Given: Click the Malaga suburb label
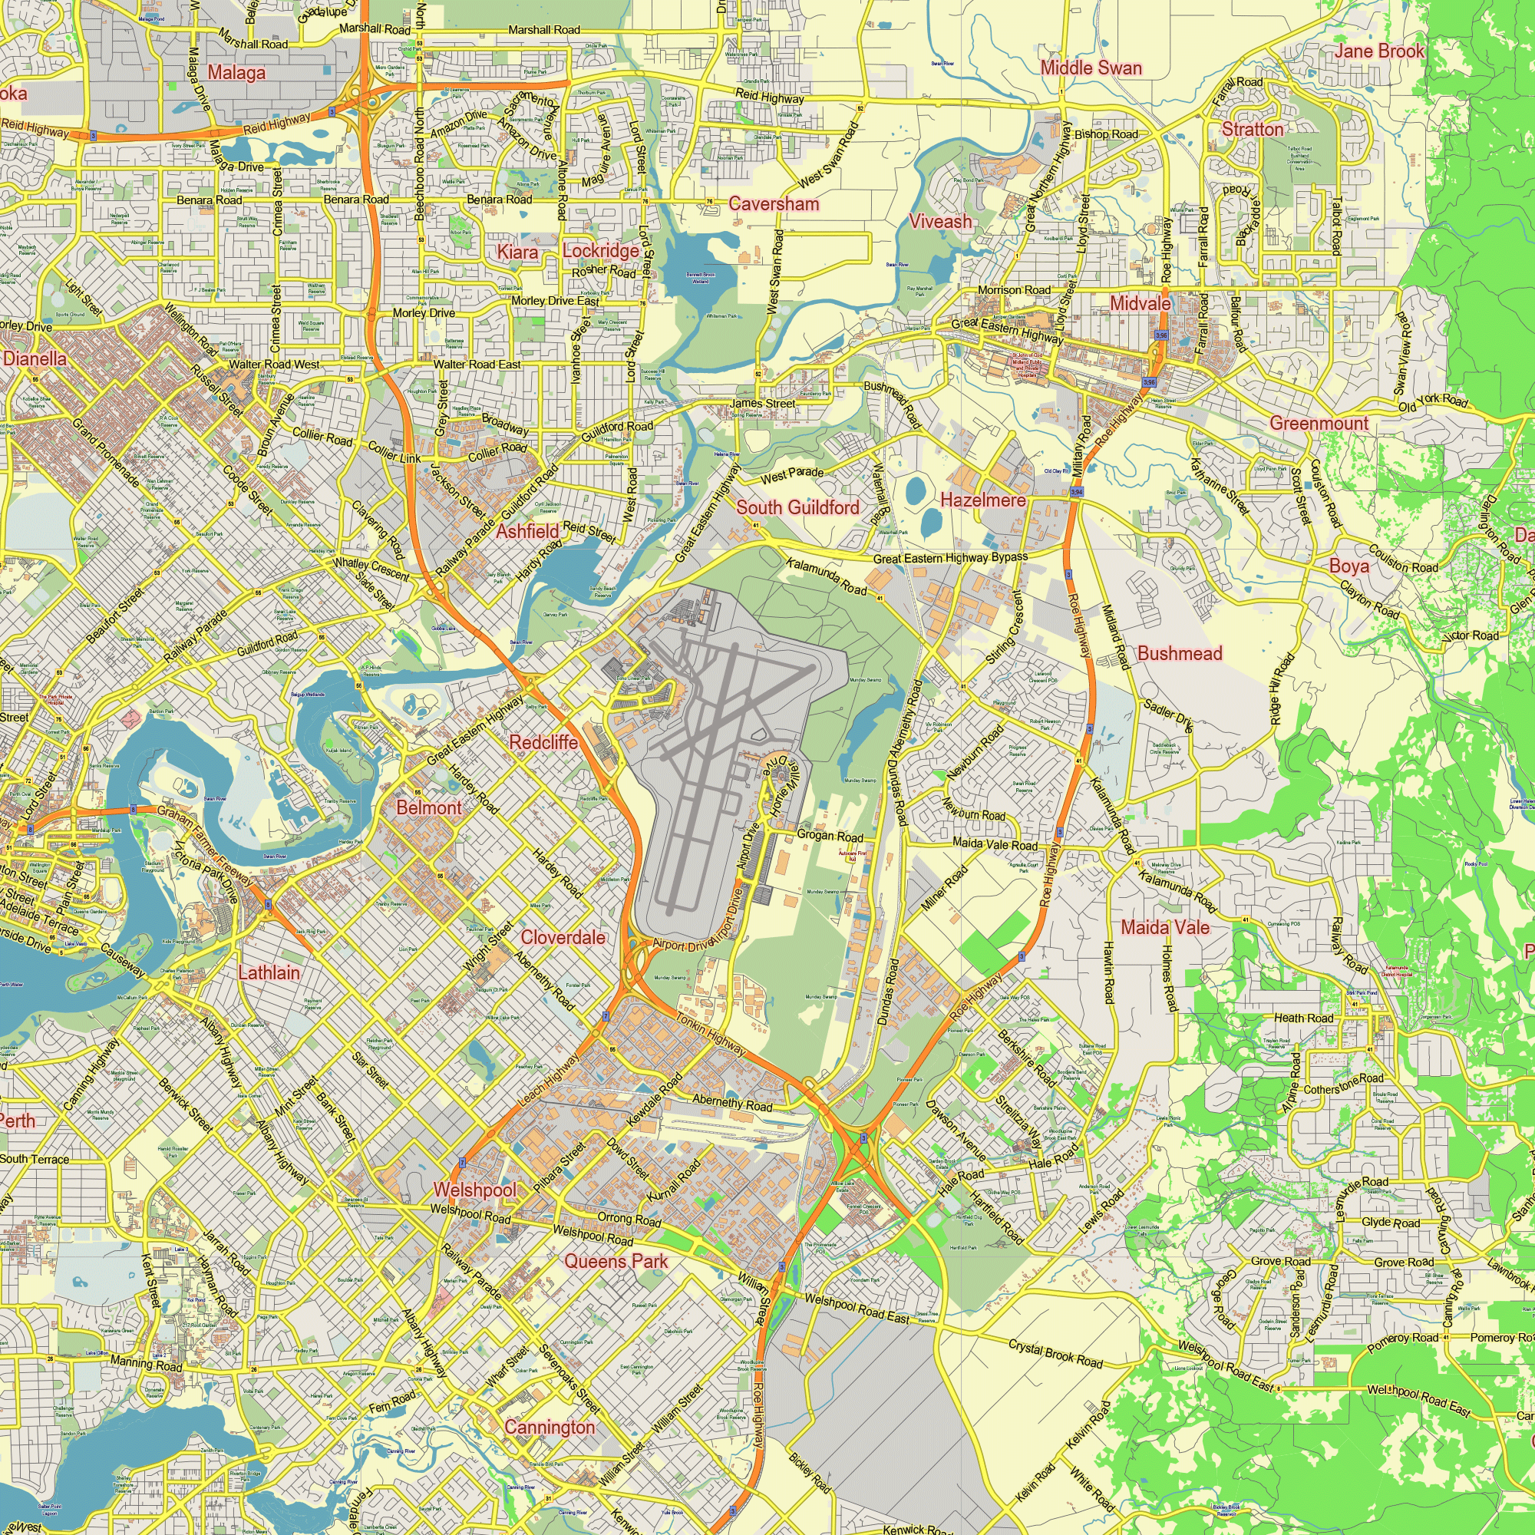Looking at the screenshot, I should [x=236, y=73].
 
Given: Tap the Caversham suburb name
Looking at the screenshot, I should [x=773, y=204].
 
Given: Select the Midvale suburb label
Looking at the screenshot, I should [x=1141, y=303].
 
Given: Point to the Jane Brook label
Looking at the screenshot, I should [x=1379, y=51].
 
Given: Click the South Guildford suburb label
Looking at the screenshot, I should [x=797, y=507].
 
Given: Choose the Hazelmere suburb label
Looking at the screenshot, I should [x=983, y=500].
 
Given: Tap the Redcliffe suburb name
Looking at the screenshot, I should [x=543, y=742].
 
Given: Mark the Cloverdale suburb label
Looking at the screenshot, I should [x=563, y=938].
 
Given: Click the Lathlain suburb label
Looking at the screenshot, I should [x=269, y=972].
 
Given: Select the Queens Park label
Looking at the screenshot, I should [x=616, y=1261].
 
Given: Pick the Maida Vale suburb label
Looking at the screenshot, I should [x=1165, y=927].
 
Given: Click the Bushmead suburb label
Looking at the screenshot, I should [x=1179, y=653].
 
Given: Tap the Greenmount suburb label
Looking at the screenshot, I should [x=1319, y=424].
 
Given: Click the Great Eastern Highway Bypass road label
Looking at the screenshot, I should [x=950, y=558].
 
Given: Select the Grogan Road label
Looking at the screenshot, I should [x=830, y=836].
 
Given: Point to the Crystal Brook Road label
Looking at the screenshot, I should [x=1055, y=1354].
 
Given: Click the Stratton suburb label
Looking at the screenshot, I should [x=1252, y=130].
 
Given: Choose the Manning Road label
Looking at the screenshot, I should [x=146, y=1363].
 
